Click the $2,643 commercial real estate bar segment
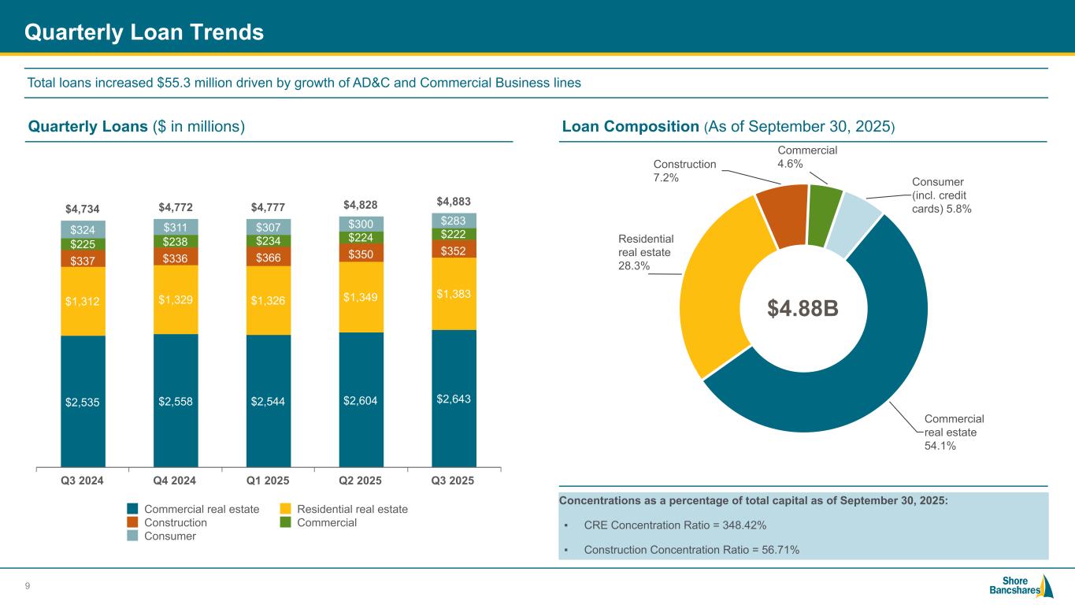(454, 398)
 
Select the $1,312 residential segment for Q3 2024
(83, 301)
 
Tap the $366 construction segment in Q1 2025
(269, 258)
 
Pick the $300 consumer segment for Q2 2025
(361, 225)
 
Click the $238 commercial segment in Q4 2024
(176, 242)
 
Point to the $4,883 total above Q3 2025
(454, 201)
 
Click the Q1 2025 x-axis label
(269, 481)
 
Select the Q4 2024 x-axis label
(176, 481)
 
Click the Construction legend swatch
(134, 522)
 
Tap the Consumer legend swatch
(134, 536)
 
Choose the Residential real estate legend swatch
(287, 509)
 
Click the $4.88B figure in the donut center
(803, 309)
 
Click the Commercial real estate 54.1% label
(954, 432)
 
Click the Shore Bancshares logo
(1020, 586)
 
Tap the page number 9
(28, 585)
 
